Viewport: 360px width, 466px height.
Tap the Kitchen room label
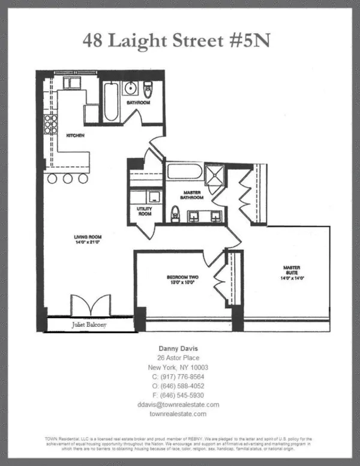pyautogui.click(x=75, y=136)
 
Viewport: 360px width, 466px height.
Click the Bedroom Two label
pyautogui.click(x=182, y=280)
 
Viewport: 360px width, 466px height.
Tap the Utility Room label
pyautogui.click(x=145, y=211)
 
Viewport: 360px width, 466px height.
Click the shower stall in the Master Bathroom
pyautogui.click(x=214, y=174)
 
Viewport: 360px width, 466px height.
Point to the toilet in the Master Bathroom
pyautogui.click(x=176, y=213)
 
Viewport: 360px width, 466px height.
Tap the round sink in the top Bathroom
pyautogui.click(x=131, y=89)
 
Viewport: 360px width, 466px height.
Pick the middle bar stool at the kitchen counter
pyautogui.click(x=67, y=178)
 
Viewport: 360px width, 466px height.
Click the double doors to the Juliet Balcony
pyautogui.click(x=90, y=304)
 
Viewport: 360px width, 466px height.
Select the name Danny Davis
pyautogui.click(x=178, y=348)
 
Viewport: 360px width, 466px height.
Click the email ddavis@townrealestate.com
pyautogui.click(x=178, y=405)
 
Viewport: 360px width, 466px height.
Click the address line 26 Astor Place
pyautogui.click(x=178, y=357)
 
